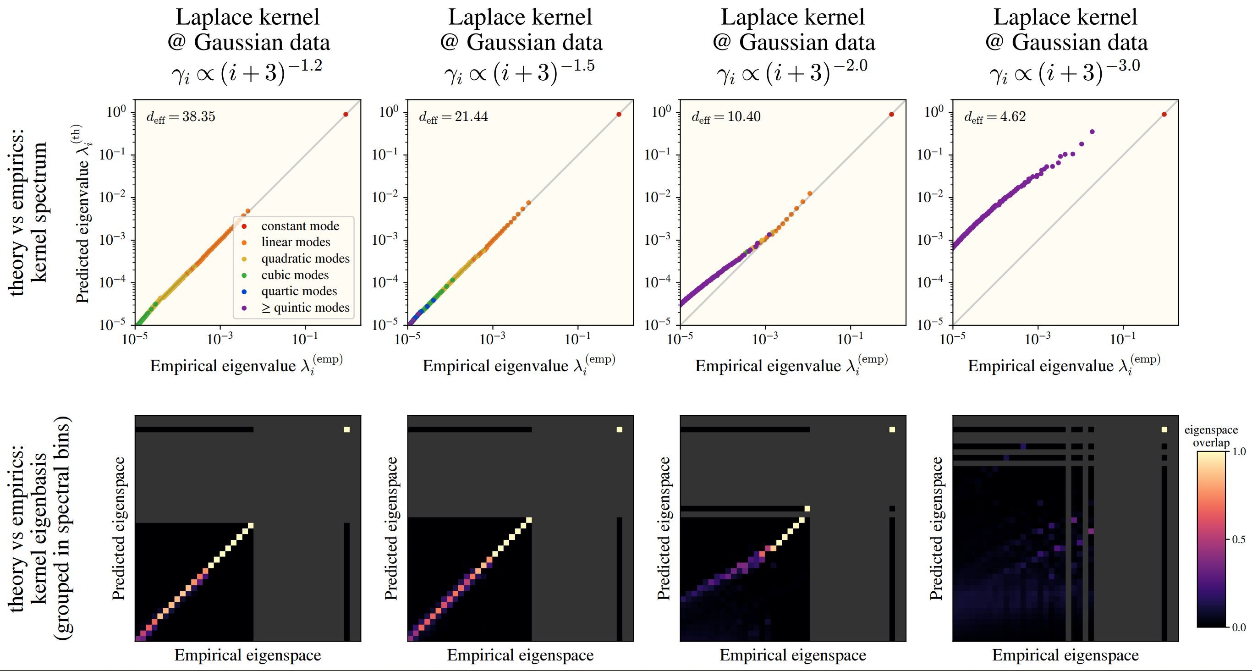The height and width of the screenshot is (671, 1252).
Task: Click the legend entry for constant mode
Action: coord(299,226)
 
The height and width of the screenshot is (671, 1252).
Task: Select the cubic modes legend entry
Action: coord(295,275)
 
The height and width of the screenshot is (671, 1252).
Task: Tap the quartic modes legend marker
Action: coord(244,292)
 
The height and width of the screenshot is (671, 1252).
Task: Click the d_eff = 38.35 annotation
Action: coord(181,117)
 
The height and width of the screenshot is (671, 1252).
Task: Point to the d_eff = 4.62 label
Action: coord(995,117)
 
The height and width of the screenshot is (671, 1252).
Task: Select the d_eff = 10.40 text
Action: coord(726,117)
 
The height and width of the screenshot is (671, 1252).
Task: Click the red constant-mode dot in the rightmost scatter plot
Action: coord(1164,114)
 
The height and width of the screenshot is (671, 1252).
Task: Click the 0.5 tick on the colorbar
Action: coord(1239,539)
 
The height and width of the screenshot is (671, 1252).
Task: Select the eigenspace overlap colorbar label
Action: coord(1211,436)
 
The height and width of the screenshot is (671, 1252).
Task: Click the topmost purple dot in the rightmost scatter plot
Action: coord(1092,132)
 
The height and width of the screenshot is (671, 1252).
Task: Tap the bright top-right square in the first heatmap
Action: coord(346,429)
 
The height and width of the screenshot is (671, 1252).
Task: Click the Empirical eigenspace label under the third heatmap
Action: coord(793,655)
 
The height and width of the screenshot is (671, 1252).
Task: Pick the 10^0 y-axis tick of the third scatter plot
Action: coord(661,112)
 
